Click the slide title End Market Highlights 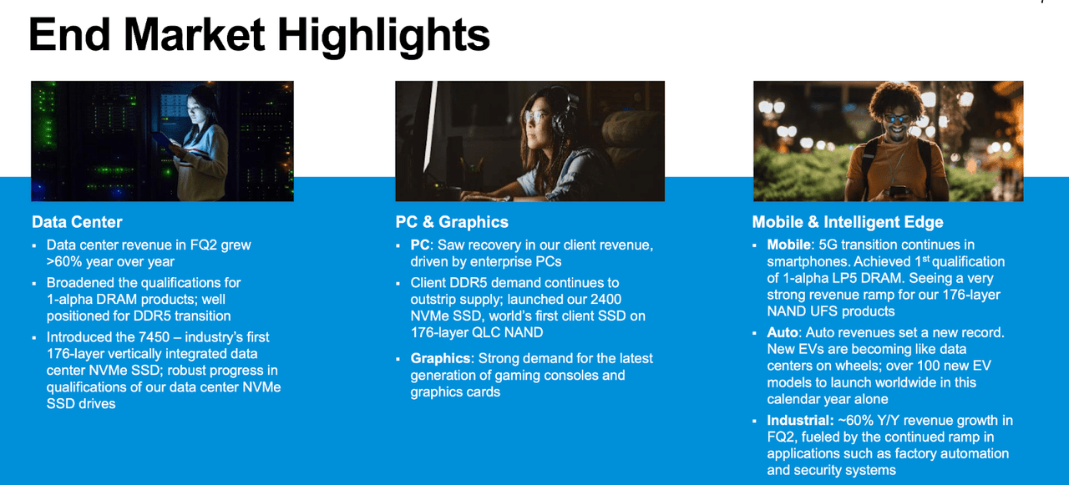[x=259, y=36]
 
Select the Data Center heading [x=77, y=222]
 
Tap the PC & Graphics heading [x=452, y=222]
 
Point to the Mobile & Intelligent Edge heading [x=848, y=222]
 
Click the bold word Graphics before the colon [x=440, y=358]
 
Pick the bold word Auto [x=782, y=332]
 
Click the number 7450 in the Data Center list [x=154, y=337]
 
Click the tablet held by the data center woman [x=163, y=142]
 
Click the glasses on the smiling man [x=897, y=118]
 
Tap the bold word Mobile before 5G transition [x=788, y=245]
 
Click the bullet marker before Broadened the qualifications [x=34, y=283]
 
